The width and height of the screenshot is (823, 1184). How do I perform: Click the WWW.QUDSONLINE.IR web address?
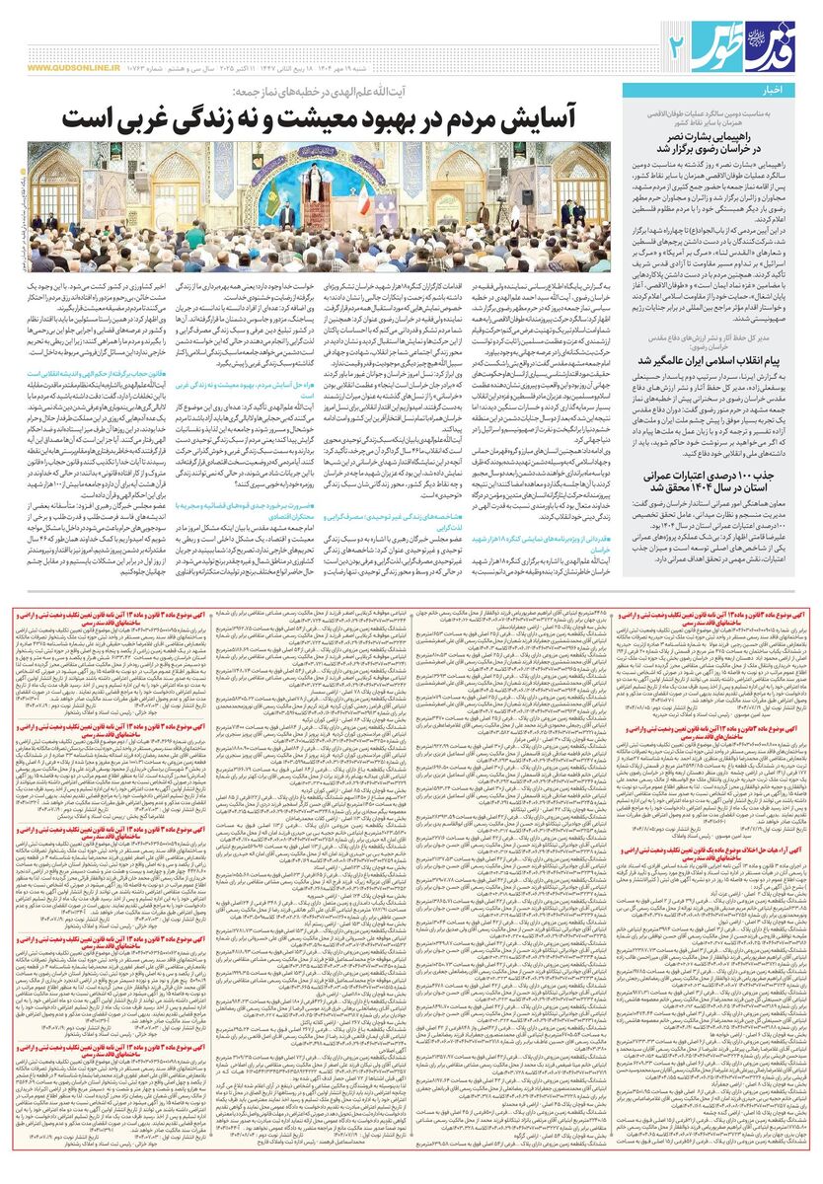pos(73,68)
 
